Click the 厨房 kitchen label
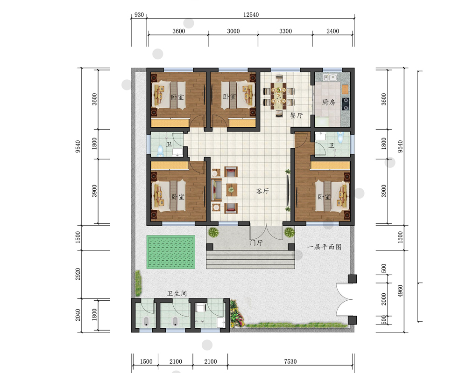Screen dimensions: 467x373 coord(328,102)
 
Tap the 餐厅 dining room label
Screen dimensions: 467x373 coord(297,116)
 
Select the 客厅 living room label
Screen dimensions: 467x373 coord(262,191)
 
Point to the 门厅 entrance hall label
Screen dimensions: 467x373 coord(256,243)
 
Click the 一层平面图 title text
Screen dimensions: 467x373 coord(325,247)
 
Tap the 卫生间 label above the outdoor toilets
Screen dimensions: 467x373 coord(177,294)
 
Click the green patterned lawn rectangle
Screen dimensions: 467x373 coord(170,252)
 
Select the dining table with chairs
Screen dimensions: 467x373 coord(278,96)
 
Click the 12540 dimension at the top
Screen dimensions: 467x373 coord(251,15)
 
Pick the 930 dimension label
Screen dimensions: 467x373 coord(139,15)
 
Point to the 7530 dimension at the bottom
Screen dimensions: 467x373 coord(290,361)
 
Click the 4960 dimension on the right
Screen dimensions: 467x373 coord(400,291)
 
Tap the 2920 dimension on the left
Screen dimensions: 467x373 coord(78,274)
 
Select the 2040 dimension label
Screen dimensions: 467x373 coord(78,315)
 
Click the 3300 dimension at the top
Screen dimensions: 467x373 coord(285,31)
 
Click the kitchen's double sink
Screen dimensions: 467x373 coord(329,78)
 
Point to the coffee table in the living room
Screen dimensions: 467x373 coord(232,190)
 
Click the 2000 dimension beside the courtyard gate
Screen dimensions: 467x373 coord(383,299)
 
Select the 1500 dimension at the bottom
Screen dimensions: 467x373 coord(146,361)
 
